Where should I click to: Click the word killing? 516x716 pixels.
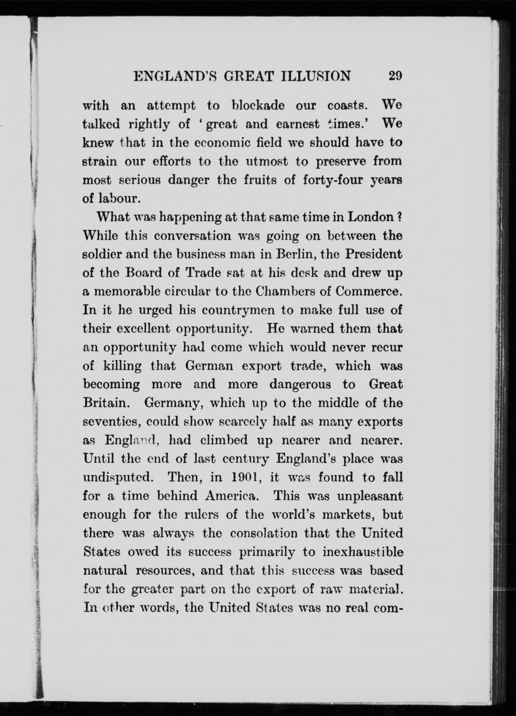(122, 366)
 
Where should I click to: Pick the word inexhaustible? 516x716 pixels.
(363, 552)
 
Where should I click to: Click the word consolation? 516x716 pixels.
(264, 533)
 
